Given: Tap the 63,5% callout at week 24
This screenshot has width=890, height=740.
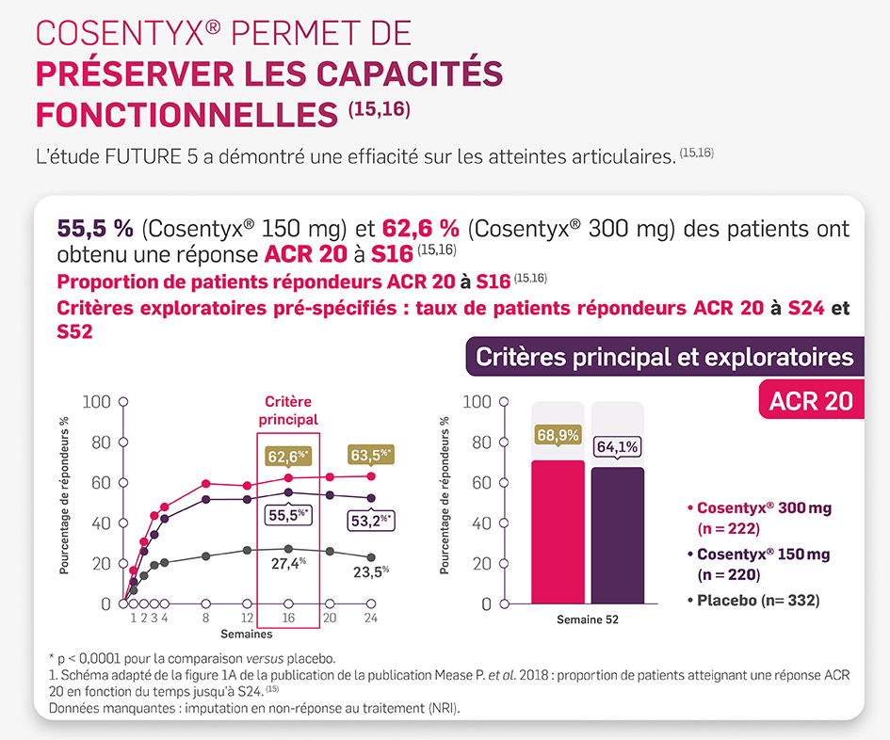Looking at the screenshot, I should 371,455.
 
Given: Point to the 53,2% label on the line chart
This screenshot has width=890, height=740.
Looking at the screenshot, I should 371,519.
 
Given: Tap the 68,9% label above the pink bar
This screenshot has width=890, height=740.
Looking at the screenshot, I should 558,435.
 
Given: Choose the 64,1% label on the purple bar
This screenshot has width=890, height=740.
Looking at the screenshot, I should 617,445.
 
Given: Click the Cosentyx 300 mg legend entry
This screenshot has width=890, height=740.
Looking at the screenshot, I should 758,517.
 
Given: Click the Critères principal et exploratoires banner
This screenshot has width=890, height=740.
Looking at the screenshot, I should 664,357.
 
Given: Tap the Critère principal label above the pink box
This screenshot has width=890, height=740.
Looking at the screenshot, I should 288,410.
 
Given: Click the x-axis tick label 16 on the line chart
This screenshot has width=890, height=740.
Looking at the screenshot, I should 288,618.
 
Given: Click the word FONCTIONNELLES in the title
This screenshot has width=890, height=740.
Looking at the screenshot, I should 186,114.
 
